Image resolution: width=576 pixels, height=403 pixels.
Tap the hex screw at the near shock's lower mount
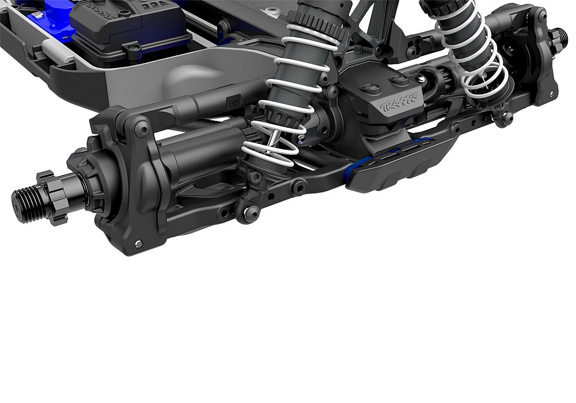pos(250,214)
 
